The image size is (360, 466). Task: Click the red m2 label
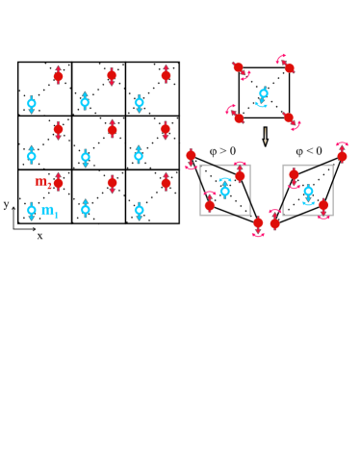click(42, 181)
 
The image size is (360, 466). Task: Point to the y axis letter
click(6, 204)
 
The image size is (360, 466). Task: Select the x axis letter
click(39, 236)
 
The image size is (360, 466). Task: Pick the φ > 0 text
click(222, 151)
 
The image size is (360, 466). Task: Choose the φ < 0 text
click(308, 151)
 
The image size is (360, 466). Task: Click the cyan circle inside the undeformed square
click(262, 94)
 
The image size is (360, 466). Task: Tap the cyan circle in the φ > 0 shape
click(225, 191)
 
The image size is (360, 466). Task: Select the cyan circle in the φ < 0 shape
click(308, 191)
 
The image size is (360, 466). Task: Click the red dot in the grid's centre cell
click(112, 129)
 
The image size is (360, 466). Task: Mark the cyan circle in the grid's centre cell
click(85, 155)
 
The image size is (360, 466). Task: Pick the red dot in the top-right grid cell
click(166, 75)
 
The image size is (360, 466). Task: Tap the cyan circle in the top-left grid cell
click(31, 102)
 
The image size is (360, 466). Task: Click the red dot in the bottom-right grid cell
click(166, 183)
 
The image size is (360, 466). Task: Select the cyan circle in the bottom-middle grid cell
click(85, 209)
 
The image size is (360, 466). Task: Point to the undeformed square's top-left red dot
click(239, 67)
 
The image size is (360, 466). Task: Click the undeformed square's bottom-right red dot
click(288, 117)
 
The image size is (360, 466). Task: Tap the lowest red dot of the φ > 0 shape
click(257, 222)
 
